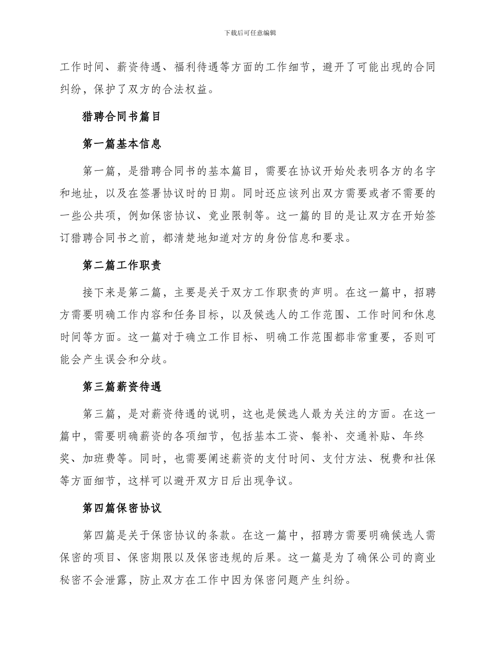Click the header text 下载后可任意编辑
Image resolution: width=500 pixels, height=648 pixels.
point(250,33)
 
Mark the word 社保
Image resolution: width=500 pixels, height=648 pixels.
point(423,458)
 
